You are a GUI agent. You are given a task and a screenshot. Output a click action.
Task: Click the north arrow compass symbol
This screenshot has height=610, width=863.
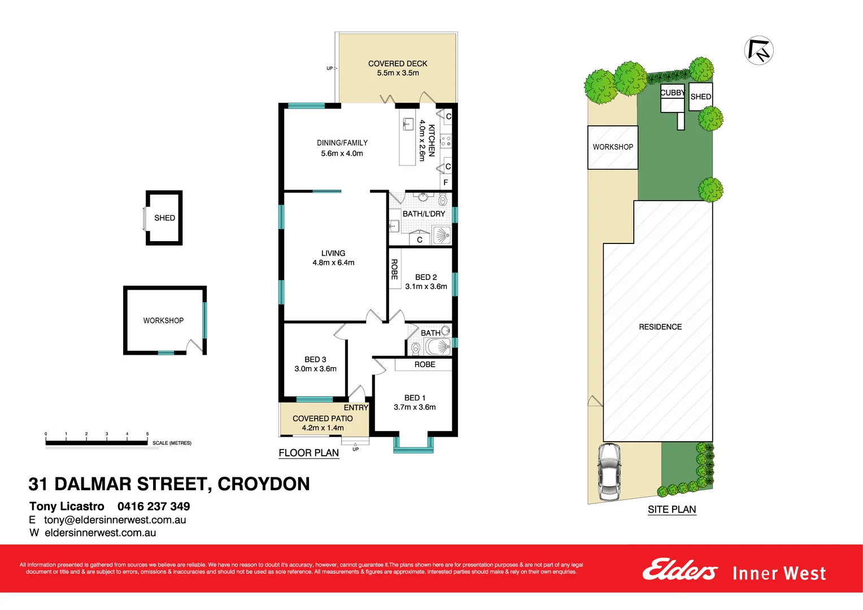[x=759, y=50]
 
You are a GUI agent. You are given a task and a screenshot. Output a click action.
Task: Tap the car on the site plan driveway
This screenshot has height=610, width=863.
[x=609, y=472]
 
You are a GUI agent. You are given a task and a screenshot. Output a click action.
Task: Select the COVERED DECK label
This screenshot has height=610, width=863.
[x=398, y=64]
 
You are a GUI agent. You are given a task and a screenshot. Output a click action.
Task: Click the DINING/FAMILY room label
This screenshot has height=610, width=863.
[x=342, y=143]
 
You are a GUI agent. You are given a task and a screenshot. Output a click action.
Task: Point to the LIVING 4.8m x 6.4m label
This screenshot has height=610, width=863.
[x=333, y=258]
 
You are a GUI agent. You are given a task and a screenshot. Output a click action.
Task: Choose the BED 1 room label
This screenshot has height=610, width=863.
[x=415, y=398]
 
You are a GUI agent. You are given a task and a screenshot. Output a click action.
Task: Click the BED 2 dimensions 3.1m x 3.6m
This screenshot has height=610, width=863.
[x=426, y=286]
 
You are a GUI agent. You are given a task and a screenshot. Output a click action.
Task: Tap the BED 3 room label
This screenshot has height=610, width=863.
[x=315, y=360]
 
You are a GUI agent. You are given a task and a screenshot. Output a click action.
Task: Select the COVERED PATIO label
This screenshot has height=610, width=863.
[x=322, y=419]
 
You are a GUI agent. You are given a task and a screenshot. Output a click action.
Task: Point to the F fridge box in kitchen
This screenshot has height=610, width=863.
[x=446, y=182]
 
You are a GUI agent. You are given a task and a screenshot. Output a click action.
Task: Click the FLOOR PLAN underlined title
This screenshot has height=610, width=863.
[x=308, y=453]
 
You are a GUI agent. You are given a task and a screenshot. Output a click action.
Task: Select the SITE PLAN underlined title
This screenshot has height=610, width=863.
[x=672, y=509]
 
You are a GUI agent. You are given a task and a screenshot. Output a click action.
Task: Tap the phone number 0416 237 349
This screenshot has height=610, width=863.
[x=154, y=507]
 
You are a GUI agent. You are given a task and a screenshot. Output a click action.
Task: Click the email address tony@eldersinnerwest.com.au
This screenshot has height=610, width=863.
[x=115, y=520]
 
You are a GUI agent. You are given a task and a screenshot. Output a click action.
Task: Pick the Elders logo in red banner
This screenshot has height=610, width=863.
[x=679, y=570]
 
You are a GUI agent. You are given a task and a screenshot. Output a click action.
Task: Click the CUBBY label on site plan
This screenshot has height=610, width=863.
[x=672, y=93]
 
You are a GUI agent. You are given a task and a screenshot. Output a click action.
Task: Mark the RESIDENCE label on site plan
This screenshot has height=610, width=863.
[x=660, y=327]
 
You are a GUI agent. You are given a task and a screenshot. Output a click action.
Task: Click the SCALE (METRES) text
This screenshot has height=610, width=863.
[x=172, y=443]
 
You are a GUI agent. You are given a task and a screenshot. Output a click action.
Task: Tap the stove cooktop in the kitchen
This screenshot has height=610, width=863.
[x=446, y=141]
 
